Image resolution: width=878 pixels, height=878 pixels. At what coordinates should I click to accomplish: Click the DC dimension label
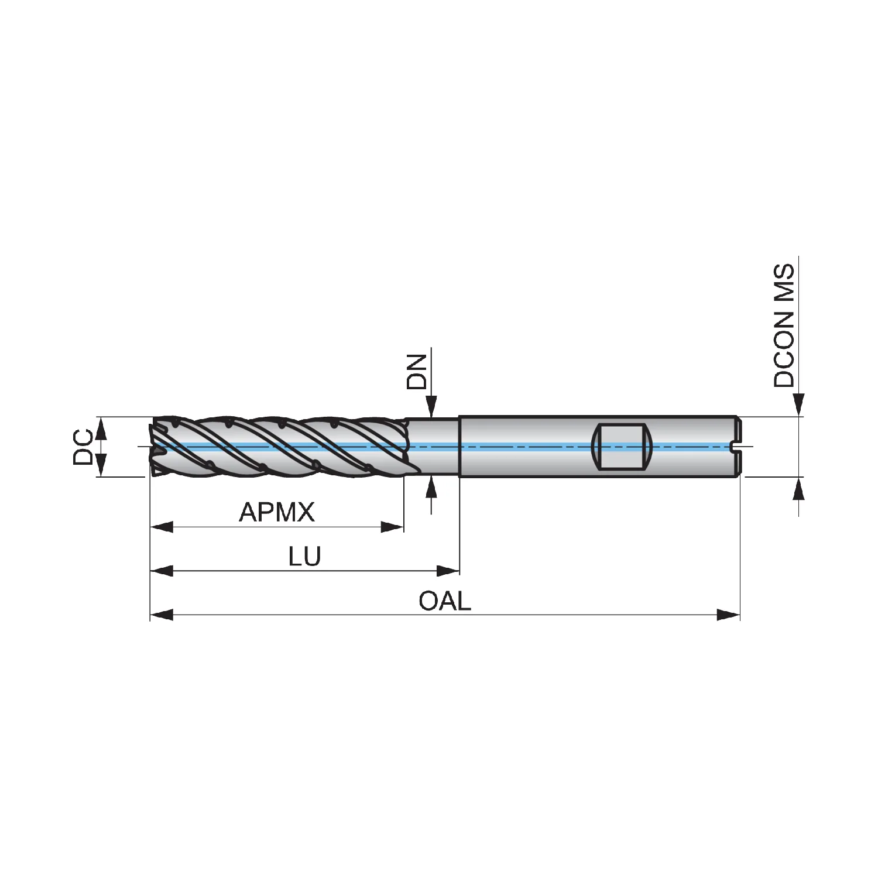click(83, 447)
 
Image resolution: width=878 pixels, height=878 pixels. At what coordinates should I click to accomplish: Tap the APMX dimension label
click(276, 513)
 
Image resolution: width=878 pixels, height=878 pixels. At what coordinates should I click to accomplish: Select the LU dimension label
click(305, 556)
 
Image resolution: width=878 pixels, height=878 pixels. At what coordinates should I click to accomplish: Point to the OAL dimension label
click(445, 601)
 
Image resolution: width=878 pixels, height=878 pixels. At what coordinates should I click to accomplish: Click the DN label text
click(417, 371)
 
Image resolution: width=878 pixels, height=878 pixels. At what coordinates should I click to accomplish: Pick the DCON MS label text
click(784, 325)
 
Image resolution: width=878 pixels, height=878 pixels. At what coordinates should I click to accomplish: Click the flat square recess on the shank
click(623, 447)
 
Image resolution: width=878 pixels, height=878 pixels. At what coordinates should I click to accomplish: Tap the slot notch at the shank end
click(738, 447)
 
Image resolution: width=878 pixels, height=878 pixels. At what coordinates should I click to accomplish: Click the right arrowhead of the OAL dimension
click(729, 615)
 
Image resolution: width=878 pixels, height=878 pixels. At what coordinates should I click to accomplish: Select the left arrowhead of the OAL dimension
click(162, 615)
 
